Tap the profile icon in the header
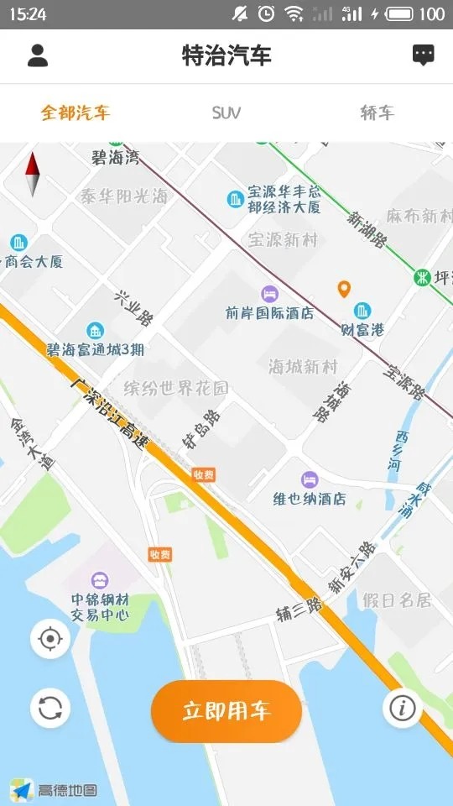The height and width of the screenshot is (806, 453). click(38, 56)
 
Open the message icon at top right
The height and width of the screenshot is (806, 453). click(424, 56)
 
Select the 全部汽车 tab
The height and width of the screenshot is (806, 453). click(75, 113)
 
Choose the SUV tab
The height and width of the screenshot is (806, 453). click(226, 113)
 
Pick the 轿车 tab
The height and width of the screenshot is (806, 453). click(377, 113)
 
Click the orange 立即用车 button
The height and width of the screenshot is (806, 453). click(226, 711)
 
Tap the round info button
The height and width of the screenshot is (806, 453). click(402, 709)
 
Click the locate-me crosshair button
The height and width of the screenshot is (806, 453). click(50, 640)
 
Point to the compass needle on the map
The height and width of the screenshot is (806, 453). click(33, 174)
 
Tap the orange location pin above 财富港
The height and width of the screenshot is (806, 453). click(344, 290)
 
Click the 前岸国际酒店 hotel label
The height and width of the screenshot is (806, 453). click(269, 312)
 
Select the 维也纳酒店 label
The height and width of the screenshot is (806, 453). click(310, 498)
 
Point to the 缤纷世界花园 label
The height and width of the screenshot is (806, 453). click(176, 388)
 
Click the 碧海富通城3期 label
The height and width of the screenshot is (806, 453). click(95, 348)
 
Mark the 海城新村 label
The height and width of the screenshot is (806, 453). click(303, 367)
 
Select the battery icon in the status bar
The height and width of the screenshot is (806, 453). click(401, 13)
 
